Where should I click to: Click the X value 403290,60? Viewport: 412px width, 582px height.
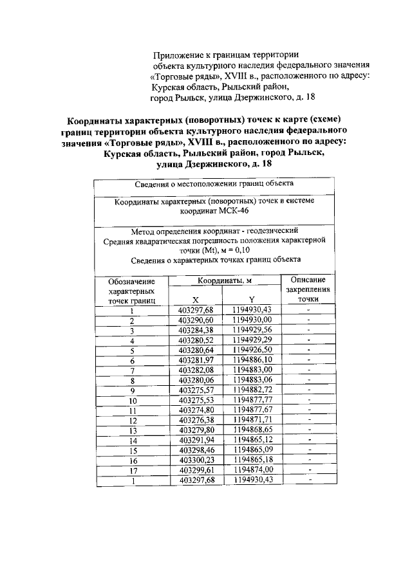click(x=194, y=320)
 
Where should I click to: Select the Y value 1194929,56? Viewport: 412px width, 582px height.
click(x=252, y=330)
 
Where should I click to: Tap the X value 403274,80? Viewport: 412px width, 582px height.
click(x=194, y=410)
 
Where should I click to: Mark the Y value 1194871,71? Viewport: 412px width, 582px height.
click(x=252, y=420)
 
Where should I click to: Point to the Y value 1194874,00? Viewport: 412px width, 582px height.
click(x=252, y=470)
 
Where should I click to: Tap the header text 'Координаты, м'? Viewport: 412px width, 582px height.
click(x=224, y=281)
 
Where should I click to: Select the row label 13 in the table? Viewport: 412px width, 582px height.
click(x=131, y=430)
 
